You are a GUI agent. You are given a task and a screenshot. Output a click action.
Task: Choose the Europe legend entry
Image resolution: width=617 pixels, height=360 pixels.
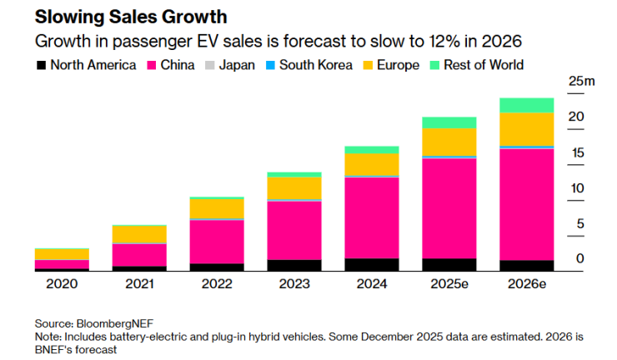tap(390, 64)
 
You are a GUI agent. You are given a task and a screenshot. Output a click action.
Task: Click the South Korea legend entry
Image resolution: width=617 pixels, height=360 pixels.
tap(308, 64)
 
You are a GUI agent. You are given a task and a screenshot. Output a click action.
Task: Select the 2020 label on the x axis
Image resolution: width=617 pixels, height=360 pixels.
tap(62, 284)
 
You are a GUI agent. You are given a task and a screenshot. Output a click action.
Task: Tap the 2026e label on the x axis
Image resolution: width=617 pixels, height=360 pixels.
tap(526, 284)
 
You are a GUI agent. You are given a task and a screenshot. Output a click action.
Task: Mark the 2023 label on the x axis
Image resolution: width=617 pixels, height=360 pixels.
tap(294, 284)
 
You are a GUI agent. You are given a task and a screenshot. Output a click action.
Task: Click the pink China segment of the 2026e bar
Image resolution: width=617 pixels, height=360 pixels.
tap(526, 204)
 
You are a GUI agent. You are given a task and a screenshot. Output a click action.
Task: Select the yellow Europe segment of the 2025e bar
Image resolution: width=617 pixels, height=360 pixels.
tap(449, 142)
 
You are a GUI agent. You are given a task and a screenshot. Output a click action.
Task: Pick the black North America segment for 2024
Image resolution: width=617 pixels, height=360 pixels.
tap(371, 265)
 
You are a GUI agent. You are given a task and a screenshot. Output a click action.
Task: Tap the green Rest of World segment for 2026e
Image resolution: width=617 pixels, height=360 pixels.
tap(526, 105)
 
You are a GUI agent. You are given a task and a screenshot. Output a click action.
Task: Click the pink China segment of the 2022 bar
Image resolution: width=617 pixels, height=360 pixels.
tap(217, 242)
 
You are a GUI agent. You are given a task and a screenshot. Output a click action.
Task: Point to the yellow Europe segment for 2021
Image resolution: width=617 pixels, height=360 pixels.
tap(139, 234)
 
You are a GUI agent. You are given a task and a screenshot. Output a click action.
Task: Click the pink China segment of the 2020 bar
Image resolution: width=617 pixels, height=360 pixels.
tap(62, 264)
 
